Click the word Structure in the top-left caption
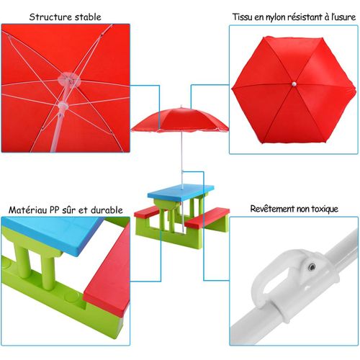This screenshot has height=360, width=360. coord(47,17)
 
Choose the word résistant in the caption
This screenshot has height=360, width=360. coord(309,17)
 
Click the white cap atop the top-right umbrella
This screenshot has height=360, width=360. coord(294,86)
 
